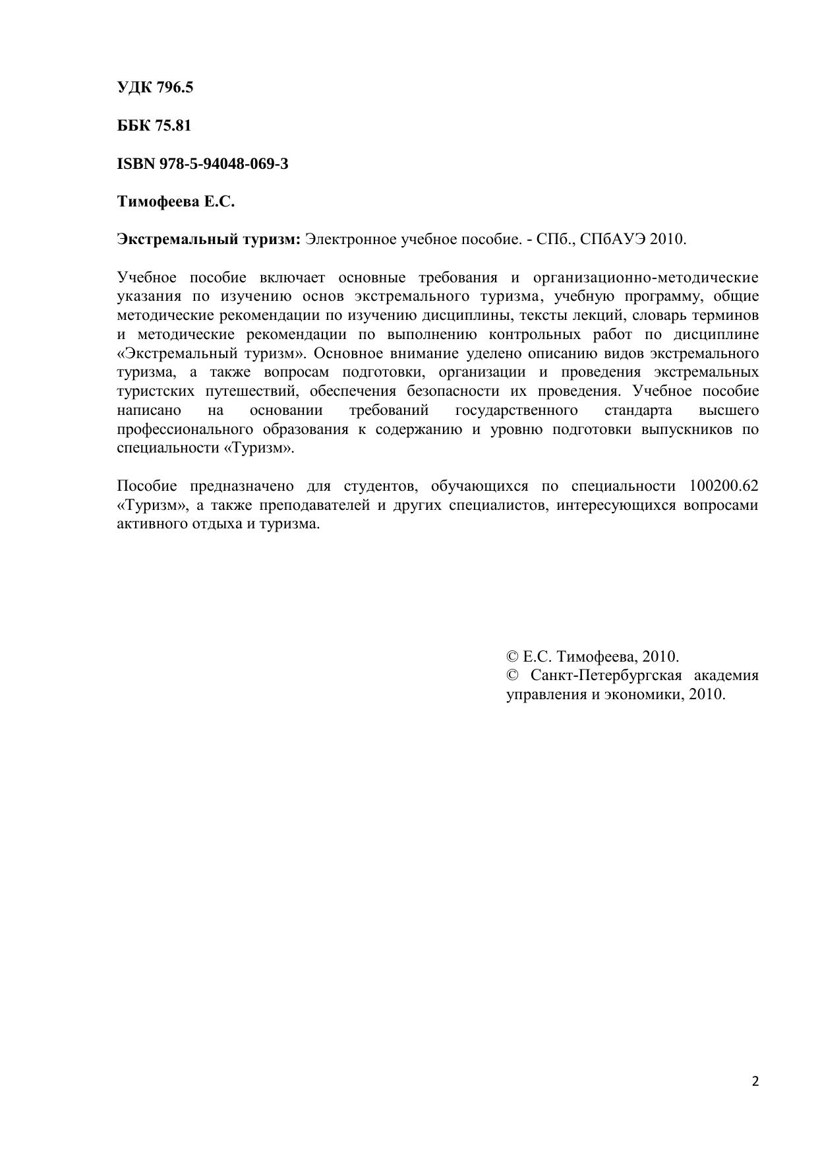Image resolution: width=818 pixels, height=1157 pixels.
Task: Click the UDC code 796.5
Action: (x=174, y=87)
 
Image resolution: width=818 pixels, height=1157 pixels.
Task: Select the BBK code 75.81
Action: (x=173, y=125)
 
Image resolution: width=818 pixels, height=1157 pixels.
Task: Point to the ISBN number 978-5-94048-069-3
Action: (x=223, y=164)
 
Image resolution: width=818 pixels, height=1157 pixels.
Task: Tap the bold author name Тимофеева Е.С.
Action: (x=176, y=202)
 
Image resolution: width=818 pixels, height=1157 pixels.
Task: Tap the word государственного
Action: (x=516, y=410)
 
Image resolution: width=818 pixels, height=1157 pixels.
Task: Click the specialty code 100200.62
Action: (x=723, y=486)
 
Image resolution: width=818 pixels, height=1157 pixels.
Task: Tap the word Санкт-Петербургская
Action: (x=604, y=675)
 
